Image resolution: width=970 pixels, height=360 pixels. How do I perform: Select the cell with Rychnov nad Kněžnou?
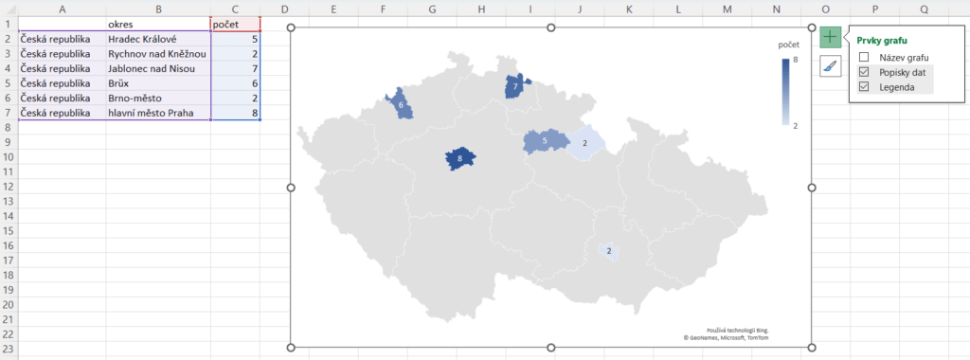click(157, 54)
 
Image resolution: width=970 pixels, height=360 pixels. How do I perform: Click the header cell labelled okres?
click(157, 24)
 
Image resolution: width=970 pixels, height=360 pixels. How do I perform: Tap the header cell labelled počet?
click(235, 24)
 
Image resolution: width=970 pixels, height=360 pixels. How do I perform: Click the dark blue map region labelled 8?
click(460, 159)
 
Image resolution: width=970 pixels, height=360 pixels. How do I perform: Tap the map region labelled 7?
click(515, 87)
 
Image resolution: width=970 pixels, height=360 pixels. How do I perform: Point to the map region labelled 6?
click(401, 104)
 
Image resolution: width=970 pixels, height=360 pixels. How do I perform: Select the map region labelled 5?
click(544, 141)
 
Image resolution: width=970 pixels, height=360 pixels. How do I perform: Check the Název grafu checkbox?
click(863, 57)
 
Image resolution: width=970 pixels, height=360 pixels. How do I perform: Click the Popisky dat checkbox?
click(863, 72)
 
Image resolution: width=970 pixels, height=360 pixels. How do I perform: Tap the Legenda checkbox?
click(863, 86)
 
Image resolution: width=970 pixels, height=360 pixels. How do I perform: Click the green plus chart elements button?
click(830, 37)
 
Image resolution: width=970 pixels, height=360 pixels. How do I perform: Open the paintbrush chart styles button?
click(830, 65)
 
